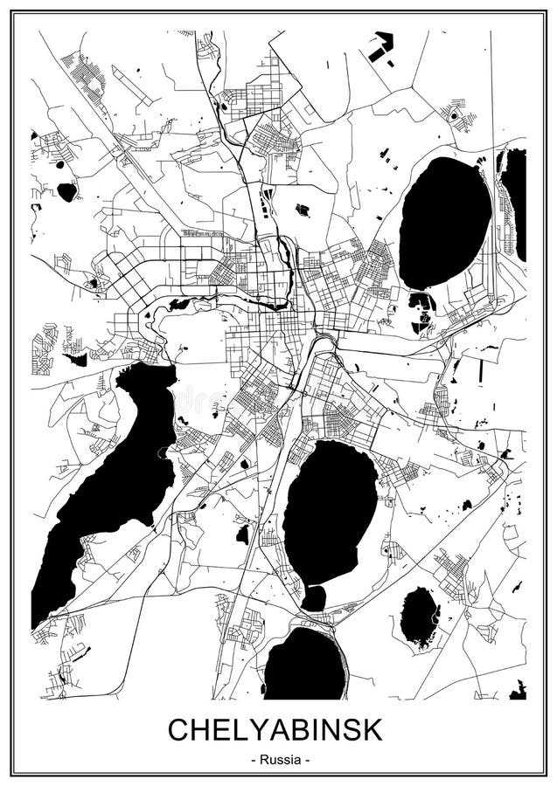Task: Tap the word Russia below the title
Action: (x=279, y=760)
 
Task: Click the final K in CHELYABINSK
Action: (x=372, y=729)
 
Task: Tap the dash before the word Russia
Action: (x=253, y=760)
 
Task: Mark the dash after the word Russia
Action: (x=306, y=760)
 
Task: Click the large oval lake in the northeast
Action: (x=445, y=223)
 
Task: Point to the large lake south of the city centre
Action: (x=331, y=511)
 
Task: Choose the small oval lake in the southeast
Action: (x=419, y=617)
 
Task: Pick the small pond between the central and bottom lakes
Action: (x=313, y=598)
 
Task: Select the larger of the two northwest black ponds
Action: (x=67, y=191)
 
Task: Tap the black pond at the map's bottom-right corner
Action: (x=518, y=692)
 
